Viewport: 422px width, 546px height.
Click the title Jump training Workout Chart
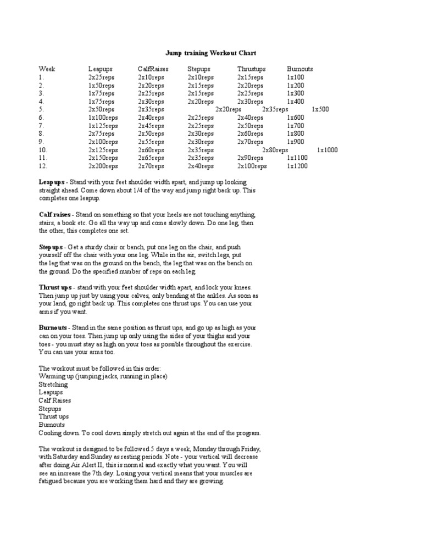point(210,53)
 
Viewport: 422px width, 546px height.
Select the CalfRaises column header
point(153,69)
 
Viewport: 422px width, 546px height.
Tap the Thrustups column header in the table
point(252,69)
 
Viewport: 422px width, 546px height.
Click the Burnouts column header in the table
point(300,69)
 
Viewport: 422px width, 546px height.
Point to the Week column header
point(47,69)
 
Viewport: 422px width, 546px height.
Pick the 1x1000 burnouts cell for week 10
point(327,150)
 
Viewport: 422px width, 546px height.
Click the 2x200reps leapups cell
point(103,166)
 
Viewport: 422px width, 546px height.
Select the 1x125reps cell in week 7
point(103,126)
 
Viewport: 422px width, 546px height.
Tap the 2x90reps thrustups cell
point(250,158)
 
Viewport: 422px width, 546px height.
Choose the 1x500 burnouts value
point(320,109)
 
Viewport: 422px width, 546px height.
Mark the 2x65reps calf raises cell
point(151,158)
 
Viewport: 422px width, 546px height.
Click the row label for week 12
point(43,166)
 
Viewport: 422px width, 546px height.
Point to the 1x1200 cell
point(297,166)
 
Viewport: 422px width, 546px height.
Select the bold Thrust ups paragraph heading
point(55,287)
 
